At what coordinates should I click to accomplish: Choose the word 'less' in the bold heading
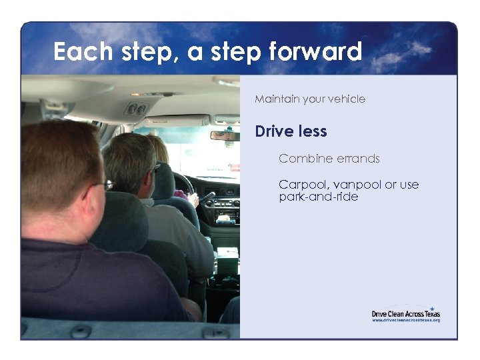point(313,131)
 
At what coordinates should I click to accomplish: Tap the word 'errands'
point(358,159)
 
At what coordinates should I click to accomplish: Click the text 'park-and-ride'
point(319,197)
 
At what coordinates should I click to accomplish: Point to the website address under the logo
point(406,320)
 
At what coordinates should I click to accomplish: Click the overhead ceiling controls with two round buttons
point(136,109)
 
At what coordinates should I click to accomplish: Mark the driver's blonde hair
point(158,148)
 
